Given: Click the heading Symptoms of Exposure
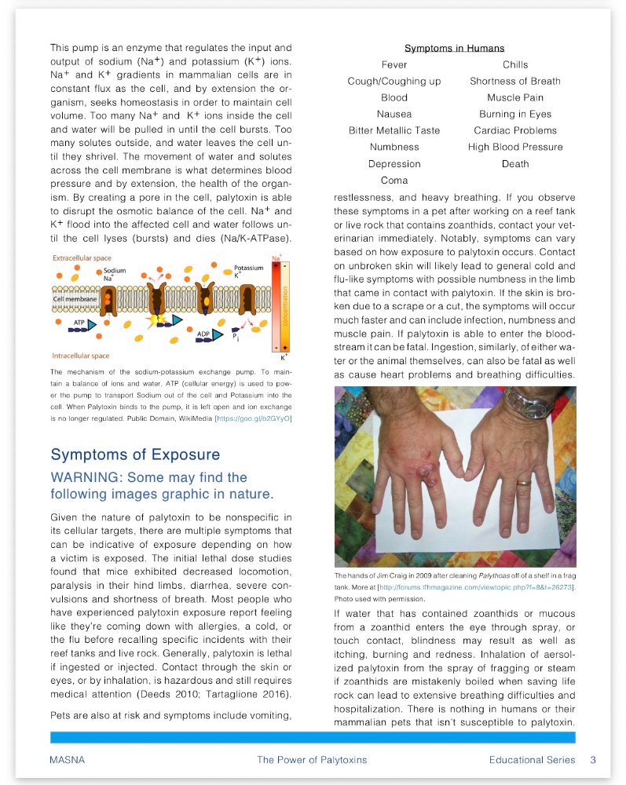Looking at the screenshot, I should click(x=135, y=455).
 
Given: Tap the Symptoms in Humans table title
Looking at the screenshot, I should click(x=454, y=49).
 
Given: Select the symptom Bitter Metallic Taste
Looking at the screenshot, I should click(x=394, y=130).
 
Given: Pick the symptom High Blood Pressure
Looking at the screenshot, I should click(x=515, y=147).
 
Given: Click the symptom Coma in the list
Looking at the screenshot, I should click(x=394, y=181).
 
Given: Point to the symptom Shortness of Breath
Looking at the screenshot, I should click(x=515, y=81).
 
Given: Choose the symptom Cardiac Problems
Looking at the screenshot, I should click(x=515, y=130).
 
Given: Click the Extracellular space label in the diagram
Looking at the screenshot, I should click(x=82, y=257).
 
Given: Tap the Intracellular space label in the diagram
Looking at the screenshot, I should click(x=81, y=356).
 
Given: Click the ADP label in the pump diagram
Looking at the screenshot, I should click(x=203, y=334).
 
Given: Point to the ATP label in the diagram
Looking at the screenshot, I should click(x=79, y=323).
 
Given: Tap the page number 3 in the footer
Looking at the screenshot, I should click(x=593, y=759).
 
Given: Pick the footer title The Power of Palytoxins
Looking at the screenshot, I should click(x=312, y=759).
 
